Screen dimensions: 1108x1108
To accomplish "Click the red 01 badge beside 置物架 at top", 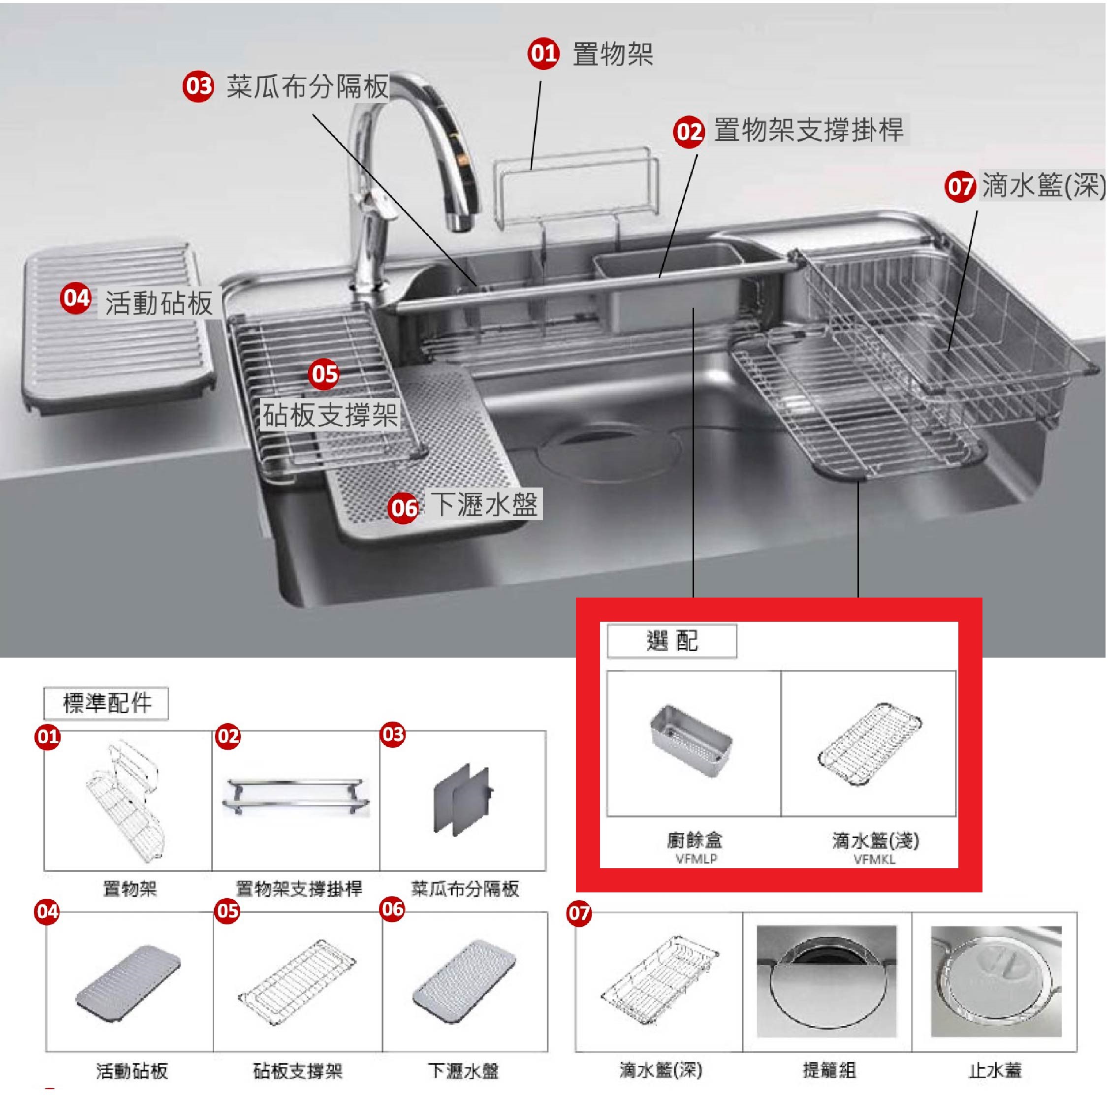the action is (x=543, y=54).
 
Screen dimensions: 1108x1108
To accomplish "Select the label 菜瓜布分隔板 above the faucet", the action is (x=308, y=87).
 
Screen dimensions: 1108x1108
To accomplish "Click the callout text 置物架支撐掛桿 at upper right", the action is (x=809, y=129).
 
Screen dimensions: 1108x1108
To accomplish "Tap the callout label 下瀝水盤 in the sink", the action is (x=485, y=505).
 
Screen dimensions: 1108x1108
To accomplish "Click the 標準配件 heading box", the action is (x=107, y=703).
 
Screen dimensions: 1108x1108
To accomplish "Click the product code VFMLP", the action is (x=696, y=859).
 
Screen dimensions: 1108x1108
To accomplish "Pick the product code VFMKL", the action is (x=874, y=859).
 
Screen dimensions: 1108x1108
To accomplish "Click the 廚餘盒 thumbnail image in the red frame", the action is (x=691, y=741).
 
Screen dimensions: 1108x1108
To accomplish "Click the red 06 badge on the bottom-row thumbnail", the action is (x=392, y=909).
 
